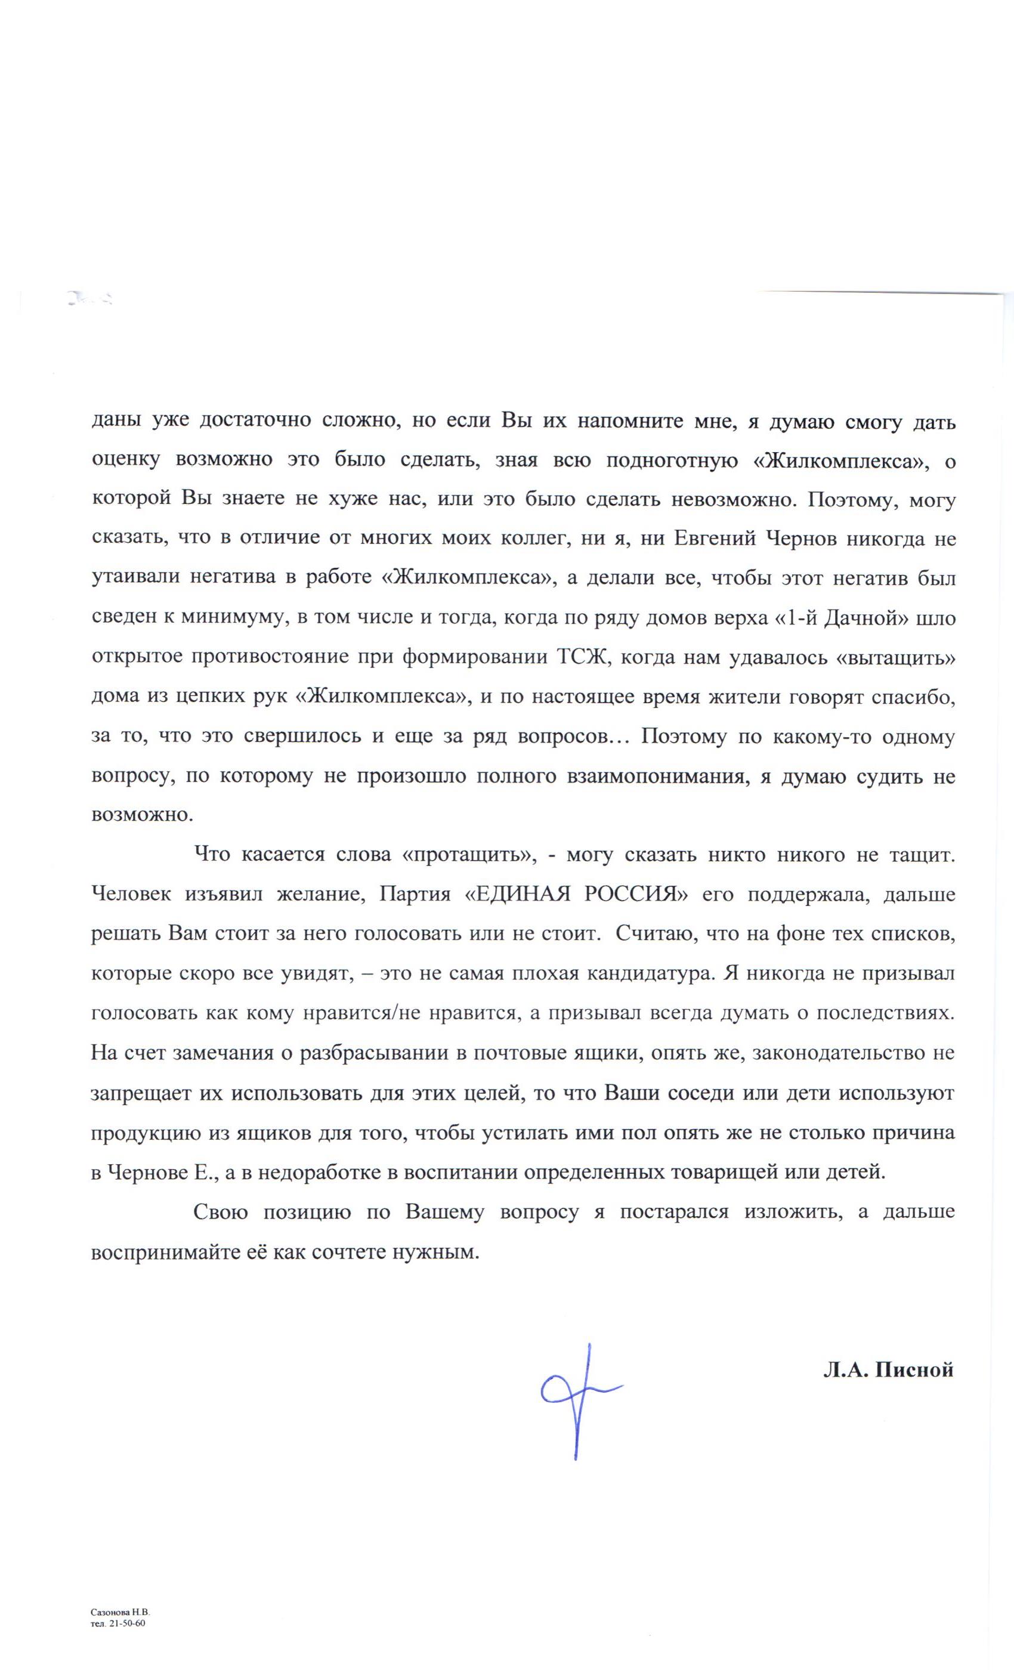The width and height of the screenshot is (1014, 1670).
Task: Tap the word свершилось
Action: [292, 737]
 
